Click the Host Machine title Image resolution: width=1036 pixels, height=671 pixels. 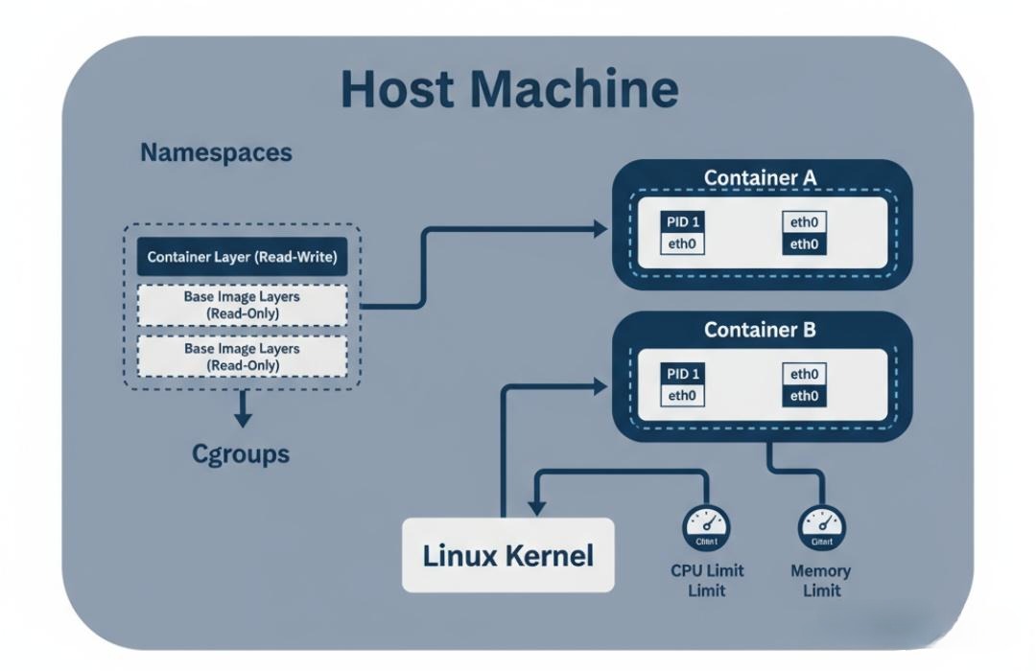click(509, 88)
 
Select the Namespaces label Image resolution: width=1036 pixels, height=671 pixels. click(216, 152)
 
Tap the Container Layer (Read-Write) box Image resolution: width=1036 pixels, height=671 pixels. click(242, 258)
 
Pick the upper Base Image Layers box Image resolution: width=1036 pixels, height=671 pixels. click(242, 304)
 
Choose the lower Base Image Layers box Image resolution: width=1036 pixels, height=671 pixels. click(242, 357)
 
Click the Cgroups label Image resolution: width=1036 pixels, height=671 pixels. click(241, 452)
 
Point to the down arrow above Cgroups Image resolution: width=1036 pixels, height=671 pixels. click(243, 418)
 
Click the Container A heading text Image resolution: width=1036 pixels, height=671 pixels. click(761, 177)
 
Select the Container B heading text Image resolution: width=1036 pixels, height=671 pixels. click(761, 330)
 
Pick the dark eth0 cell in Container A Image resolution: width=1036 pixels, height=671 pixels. click(805, 244)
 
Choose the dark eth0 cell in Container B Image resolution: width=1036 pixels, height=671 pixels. click(805, 396)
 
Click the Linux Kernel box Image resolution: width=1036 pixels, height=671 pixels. click(507, 555)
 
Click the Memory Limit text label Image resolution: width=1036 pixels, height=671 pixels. click(821, 580)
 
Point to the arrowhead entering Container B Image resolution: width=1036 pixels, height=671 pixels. click(600, 384)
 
